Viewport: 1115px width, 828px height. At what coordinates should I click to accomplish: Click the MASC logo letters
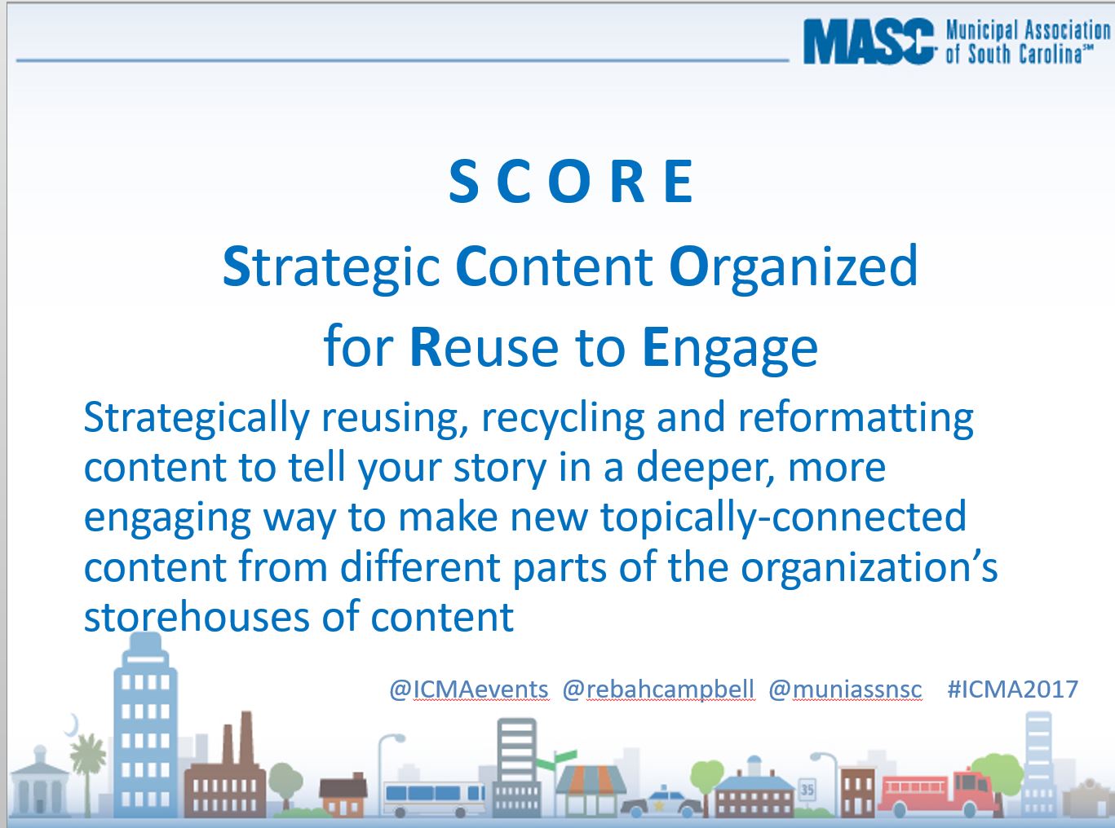[869, 42]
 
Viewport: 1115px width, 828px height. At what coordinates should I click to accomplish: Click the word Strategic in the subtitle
[331, 266]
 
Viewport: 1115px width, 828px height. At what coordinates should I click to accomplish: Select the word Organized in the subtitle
[793, 266]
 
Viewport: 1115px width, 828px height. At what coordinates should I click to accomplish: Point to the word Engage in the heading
[730, 348]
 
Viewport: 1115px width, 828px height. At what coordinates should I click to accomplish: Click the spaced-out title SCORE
[571, 182]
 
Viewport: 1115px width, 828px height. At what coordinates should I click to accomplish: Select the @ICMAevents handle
[469, 689]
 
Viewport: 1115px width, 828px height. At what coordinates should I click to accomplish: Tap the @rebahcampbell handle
[658, 689]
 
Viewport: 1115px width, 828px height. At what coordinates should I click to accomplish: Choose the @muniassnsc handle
[845, 689]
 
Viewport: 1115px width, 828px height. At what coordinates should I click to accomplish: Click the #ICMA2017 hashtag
[1012, 689]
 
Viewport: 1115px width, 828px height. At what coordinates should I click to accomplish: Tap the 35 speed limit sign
[807, 789]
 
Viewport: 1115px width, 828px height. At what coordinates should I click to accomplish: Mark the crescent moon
[73, 724]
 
